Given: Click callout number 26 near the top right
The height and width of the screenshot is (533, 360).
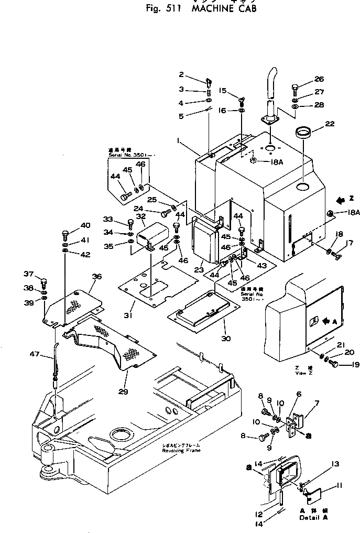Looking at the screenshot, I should coord(319,80).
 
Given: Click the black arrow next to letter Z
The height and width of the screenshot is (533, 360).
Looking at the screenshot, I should coord(340,199).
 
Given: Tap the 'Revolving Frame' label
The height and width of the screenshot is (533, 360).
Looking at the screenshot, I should coord(181,450).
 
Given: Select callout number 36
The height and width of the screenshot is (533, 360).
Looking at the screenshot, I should coord(96,276).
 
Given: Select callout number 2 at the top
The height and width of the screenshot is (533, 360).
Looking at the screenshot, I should coord(181,74).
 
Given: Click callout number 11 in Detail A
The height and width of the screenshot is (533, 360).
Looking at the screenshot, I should coord(340,485).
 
